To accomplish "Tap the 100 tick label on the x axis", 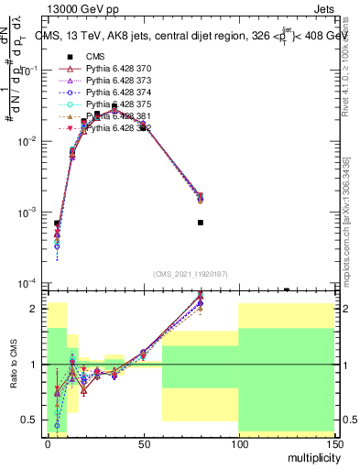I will pos(238,442).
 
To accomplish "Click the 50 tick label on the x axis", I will pos(143,442).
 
